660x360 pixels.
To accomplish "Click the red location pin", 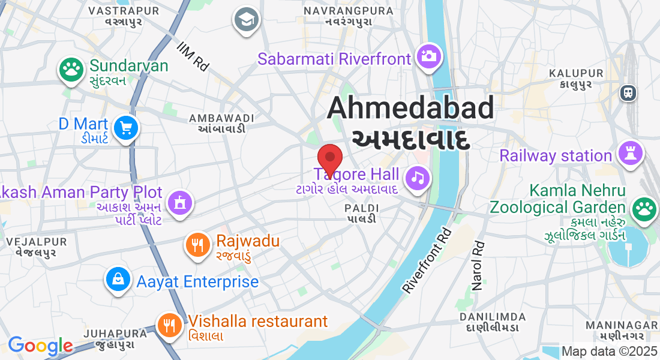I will coord(329,160).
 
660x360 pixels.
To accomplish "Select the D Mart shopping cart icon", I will coord(126,128).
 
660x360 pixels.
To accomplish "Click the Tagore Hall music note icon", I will coord(418,177).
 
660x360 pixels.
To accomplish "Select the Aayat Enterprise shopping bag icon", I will coord(119,278).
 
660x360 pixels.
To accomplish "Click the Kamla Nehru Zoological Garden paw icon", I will coord(644,208).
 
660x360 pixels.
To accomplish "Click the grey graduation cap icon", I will coord(245,19).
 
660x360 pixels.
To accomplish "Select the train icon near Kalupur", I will coord(628,92).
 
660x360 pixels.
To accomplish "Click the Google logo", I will coord(40,346).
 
